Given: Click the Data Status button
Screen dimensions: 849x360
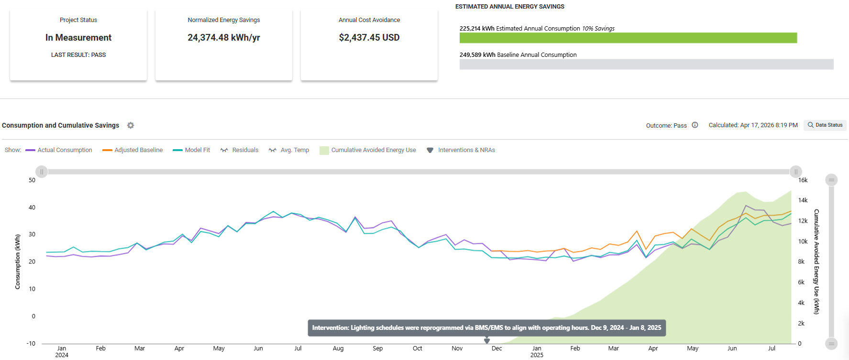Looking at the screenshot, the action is tap(825, 125).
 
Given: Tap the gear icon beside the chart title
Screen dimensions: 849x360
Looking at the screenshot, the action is tap(131, 125).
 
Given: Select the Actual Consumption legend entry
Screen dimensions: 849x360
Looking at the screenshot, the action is tap(59, 150).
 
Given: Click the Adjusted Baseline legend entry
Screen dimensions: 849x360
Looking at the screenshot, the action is tap(132, 150).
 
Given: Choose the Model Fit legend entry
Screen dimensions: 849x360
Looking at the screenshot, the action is tap(191, 150).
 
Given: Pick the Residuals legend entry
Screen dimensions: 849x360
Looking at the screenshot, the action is tap(239, 150).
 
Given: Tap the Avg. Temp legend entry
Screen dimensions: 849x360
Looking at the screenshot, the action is tap(289, 150).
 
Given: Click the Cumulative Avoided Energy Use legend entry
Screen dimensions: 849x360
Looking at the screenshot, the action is tap(368, 150).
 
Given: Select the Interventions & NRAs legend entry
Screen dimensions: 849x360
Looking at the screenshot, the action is tap(461, 150).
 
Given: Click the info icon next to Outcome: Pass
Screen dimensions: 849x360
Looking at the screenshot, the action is tap(695, 125).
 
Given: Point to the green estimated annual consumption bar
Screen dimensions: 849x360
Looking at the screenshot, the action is tap(628, 38).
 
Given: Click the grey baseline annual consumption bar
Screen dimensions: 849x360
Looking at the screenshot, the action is tap(646, 64).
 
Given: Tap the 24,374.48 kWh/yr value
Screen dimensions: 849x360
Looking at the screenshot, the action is tap(224, 38).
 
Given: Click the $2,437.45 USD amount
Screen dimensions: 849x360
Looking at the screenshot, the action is tap(369, 38).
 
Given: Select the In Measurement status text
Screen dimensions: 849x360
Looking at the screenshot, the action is tap(78, 38).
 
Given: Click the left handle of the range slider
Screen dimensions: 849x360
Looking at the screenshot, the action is tap(42, 172).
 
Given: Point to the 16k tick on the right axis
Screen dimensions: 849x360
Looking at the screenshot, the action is tap(803, 180).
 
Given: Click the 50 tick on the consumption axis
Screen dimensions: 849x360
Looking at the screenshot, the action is tap(32, 180).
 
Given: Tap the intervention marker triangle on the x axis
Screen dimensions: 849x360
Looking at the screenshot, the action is tap(487, 341).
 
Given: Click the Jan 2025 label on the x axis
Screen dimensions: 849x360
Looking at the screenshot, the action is tap(537, 351).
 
